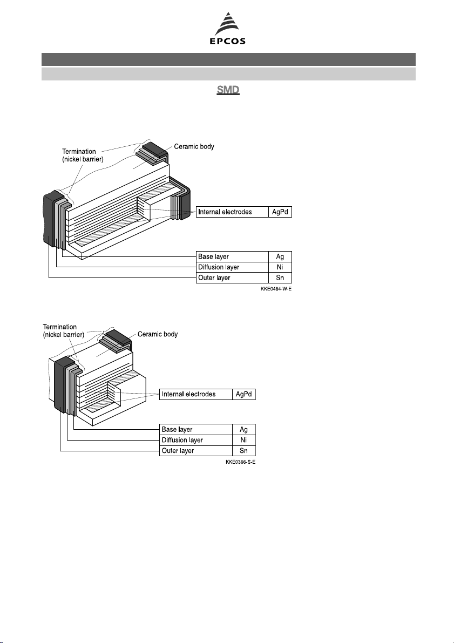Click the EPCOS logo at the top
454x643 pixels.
(228, 28)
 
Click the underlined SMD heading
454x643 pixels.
(228, 90)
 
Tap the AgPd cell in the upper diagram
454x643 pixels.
(280, 212)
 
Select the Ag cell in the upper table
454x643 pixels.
(280, 256)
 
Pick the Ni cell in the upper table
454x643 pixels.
(280, 267)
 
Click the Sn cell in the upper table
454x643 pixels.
(280, 278)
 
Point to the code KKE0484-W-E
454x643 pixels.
(276, 289)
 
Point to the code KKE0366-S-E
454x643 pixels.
(240, 462)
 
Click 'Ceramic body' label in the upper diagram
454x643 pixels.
(194, 146)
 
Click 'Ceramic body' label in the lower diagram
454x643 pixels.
(158, 334)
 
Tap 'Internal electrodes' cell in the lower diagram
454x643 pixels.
(195, 395)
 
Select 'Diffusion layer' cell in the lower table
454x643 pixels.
(195, 440)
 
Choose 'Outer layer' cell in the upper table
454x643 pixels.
(233, 278)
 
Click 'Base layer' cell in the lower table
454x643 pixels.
(195, 429)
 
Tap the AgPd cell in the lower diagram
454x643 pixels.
(243, 395)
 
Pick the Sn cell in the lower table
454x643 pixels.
(243, 451)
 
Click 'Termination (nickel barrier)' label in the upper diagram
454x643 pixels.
(83, 155)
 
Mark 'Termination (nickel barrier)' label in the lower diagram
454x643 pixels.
(64, 330)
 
